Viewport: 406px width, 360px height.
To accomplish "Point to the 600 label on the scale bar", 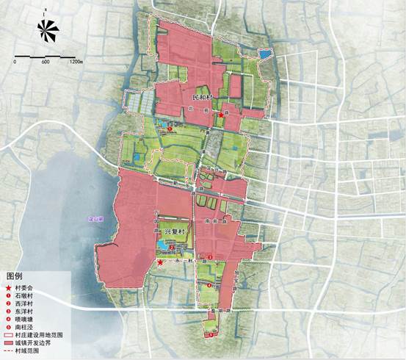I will tap(46, 62).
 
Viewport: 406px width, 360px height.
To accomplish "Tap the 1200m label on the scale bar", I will tap(76, 62).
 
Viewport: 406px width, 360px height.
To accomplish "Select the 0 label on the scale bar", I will tap(15, 62).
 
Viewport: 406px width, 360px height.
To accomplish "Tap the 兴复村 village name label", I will tap(174, 231).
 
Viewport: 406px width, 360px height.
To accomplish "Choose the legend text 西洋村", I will tap(26, 304).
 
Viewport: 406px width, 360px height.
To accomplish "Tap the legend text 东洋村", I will tap(26, 312).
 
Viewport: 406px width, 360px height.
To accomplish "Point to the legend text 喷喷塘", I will tap(26, 320).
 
